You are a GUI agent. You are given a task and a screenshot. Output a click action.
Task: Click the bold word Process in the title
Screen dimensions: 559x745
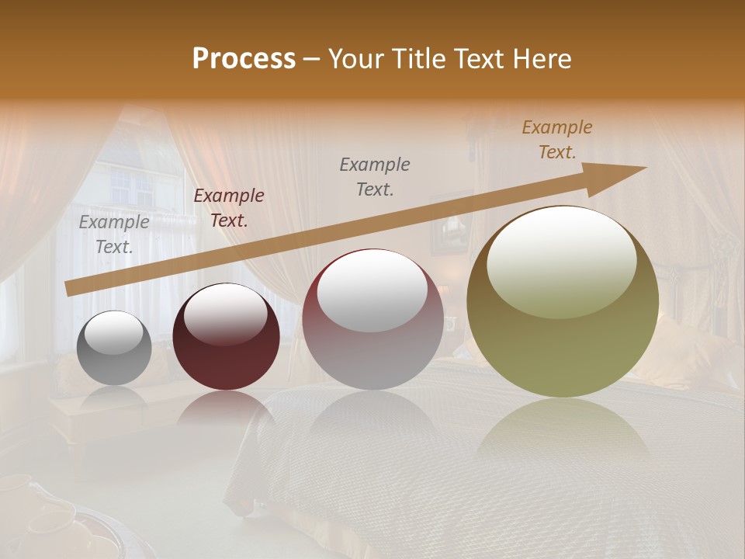[244, 59]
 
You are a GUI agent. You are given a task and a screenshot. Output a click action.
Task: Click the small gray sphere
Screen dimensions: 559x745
[114, 349]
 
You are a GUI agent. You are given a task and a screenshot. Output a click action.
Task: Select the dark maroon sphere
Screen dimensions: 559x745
[226, 338]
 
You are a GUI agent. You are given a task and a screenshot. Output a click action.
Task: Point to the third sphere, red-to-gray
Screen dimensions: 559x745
[372, 320]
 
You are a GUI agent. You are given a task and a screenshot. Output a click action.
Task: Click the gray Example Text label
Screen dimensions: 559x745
[114, 234]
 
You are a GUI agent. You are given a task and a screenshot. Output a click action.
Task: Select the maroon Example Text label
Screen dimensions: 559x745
[229, 208]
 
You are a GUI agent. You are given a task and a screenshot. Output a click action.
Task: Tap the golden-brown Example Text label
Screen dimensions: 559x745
[557, 140]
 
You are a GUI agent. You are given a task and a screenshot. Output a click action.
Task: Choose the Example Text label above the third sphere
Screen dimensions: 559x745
[375, 176]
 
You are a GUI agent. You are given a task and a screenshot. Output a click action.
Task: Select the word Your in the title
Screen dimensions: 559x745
[355, 59]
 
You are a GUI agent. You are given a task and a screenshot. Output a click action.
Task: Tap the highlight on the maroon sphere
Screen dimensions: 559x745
[226, 314]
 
